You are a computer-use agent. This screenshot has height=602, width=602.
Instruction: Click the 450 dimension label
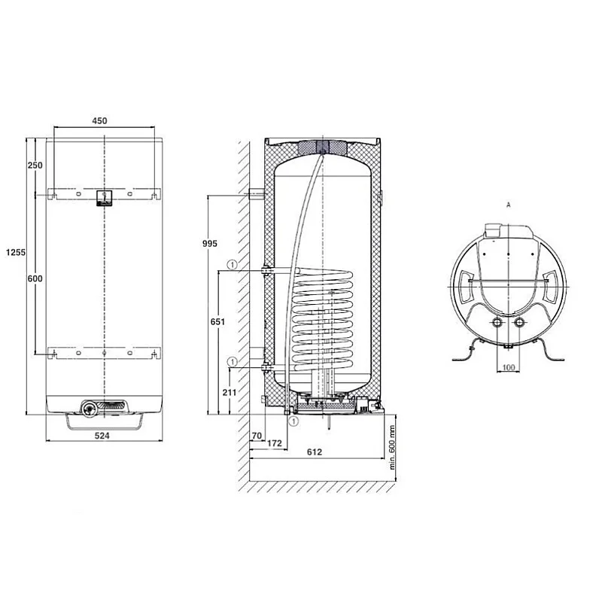pyautogui.click(x=99, y=120)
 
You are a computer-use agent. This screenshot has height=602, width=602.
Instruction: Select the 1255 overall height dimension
pyautogui.click(x=16, y=252)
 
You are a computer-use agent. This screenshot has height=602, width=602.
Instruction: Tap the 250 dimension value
pyautogui.click(x=35, y=165)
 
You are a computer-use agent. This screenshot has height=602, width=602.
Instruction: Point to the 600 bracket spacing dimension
pyautogui.click(x=35, y=278)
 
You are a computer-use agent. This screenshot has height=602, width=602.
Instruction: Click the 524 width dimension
pyautogui.click(x=102, y=436)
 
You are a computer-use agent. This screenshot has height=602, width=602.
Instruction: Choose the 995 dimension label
pyautogui.click(x=210, y=243)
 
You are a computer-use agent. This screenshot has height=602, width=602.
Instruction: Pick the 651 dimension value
pyautogui.click(x=217, y=321)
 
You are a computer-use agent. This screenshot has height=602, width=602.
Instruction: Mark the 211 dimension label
pyautogui.click(x=230, y=392)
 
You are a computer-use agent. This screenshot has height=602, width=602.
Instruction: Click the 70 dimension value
pyautogui.click(x=257, y=436)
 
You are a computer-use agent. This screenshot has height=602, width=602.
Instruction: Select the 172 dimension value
pyautogui.click(x=275, y=443)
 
